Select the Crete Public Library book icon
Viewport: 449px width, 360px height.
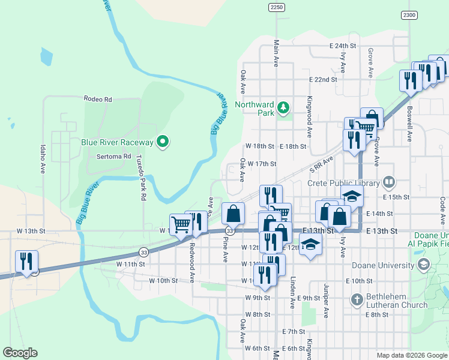[389, 182]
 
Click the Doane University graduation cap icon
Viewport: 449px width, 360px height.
[424, 265]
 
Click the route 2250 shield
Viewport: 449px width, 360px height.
[276, 7]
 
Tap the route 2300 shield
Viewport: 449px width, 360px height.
[409, 15]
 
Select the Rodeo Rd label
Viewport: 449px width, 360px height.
[98, 99]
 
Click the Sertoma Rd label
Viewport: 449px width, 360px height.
[113, 156]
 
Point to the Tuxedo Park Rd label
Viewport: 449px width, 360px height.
[143, 178]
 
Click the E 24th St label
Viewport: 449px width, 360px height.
[343, 46]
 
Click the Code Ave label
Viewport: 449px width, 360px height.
[442, 212]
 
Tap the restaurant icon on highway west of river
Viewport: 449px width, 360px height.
[27, 262]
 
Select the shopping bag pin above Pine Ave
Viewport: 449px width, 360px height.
[233, 214]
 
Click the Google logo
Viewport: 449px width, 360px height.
[20, 353]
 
